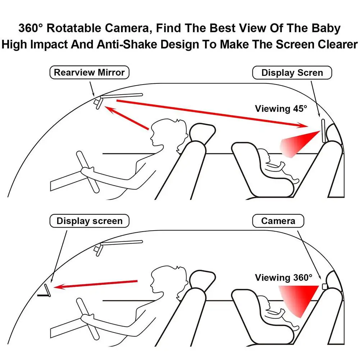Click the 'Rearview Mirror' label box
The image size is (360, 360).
tap(89, 73)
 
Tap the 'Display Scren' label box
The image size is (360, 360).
tap(292, 73)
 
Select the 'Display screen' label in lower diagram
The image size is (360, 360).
tap(89, 221)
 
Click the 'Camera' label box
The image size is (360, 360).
tap(278, 221)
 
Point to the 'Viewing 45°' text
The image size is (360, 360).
tap(281, 109)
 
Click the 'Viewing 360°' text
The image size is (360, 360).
tap(283, 278)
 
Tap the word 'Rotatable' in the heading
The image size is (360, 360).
tap(74, 28)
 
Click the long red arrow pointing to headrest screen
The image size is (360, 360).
tap(212, 113)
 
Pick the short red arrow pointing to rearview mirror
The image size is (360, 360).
tap(127, 118)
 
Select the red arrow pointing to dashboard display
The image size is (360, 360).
tap(95, 284)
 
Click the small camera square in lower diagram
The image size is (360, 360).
tap(325, 287)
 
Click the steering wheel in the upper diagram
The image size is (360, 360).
tap(87, 172)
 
